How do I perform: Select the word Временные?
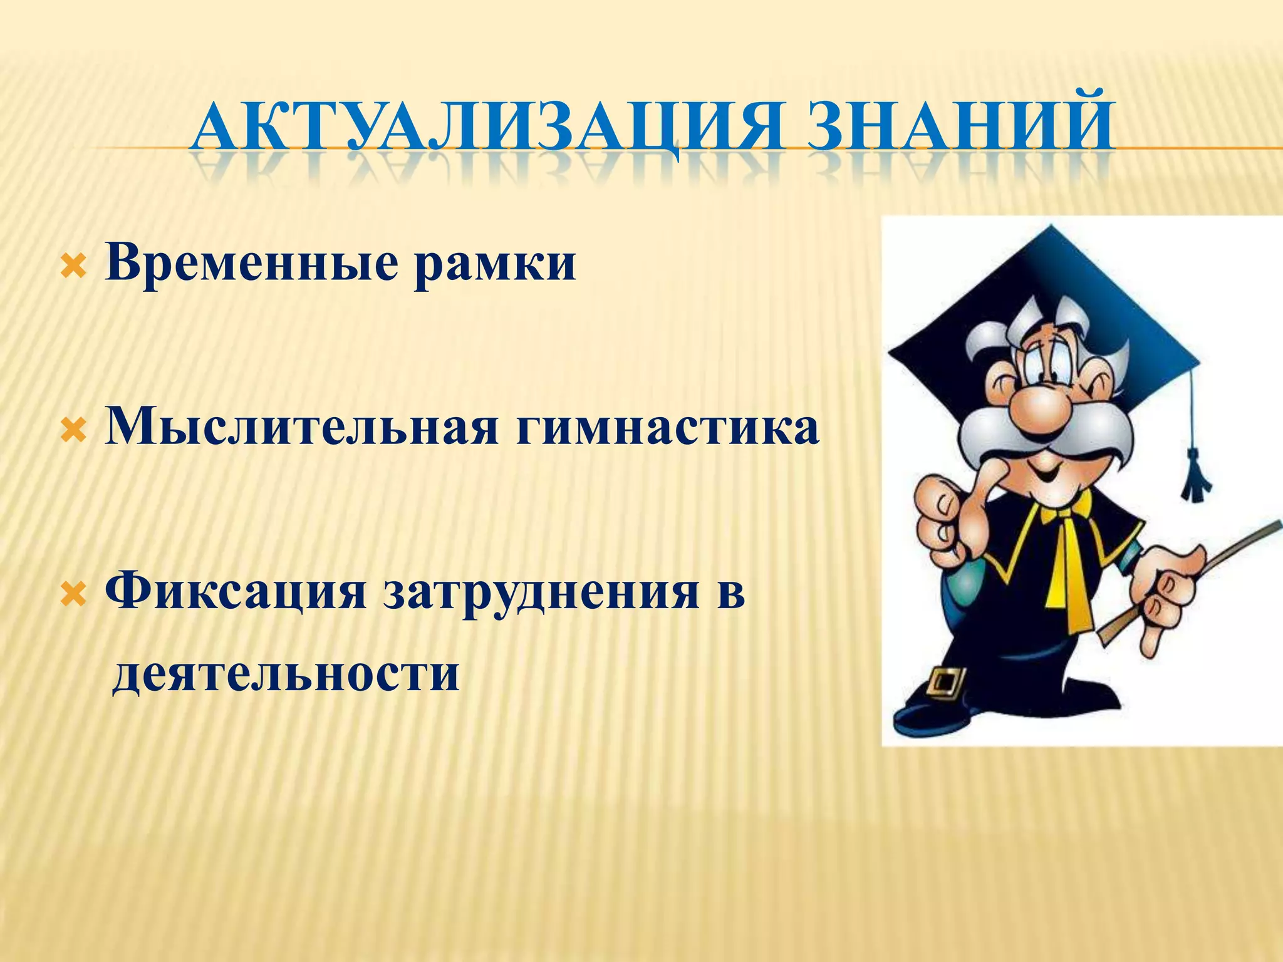point(251,264)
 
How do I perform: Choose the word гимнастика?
point(667,429)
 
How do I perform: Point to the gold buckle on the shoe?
point(947,683)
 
